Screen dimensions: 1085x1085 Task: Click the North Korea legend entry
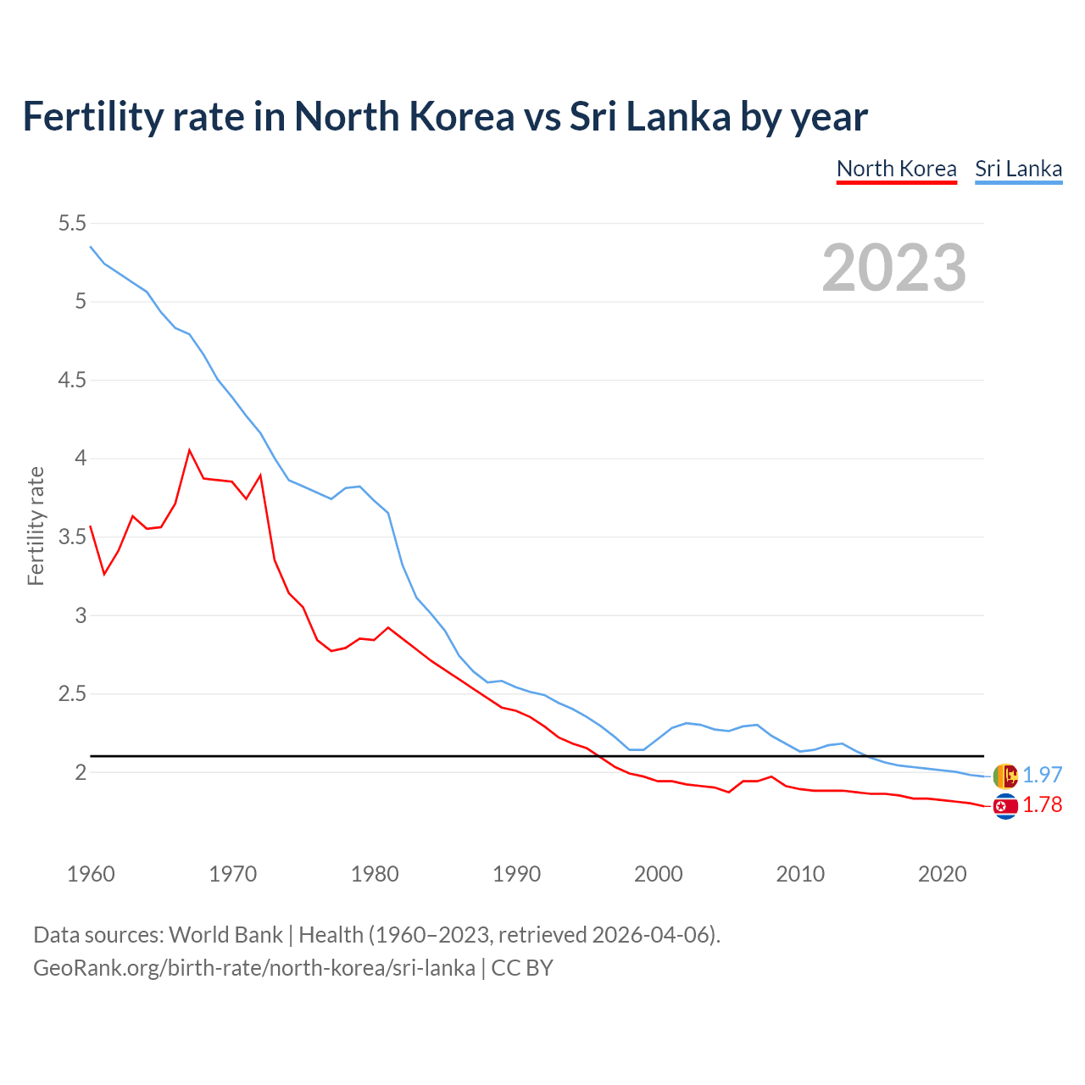coord(896,169)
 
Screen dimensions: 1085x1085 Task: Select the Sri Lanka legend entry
coord(1018,169)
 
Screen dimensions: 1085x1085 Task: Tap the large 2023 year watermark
coord(894,268)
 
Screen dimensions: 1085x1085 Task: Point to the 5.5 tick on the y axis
coord(72,223)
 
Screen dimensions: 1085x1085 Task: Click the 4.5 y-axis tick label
coord(72,380)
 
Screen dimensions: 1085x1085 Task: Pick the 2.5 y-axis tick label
coord(72,693)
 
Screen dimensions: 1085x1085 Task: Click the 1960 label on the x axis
coord(91,874)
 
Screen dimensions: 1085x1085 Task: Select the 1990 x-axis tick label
coord(516,874)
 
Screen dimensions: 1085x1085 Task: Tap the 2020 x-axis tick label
coord(942,874)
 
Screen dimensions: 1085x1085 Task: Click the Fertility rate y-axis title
coord(36,526)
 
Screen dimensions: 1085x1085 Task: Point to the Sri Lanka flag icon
coord(1005,775)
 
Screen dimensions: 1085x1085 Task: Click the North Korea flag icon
coord(1005,806)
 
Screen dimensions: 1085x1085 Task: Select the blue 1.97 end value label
coord(1042,775)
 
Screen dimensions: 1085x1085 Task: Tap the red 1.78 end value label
coord(1042,805)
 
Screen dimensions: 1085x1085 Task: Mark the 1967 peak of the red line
coord(189,450)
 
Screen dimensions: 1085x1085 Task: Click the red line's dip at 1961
coord(104,574)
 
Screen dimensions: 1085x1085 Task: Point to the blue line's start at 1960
coord(91,247)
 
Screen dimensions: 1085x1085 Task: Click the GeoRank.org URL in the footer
coord(253,968)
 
